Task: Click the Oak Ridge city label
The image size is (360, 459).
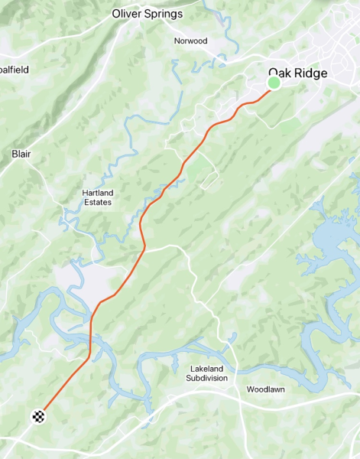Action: [x=298, y=73]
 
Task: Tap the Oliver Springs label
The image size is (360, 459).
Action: [x=148, y=14]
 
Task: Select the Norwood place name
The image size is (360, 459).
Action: [x=190, y=41]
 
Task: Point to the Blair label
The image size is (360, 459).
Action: [x=21, y=154]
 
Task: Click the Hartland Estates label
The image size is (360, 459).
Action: [x=97, y=197]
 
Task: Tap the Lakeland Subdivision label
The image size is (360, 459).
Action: [x=207, y=373]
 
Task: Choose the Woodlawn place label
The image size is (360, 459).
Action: [x=265, y=389]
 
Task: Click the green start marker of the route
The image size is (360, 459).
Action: [x=274, y=83]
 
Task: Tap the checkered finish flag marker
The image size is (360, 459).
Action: [x=38, y=417]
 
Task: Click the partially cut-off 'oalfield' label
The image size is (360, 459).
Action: [x=14, y=70]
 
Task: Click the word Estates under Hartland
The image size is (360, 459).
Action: [x=97, y=203]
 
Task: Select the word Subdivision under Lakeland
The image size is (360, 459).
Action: [x=207, y=378]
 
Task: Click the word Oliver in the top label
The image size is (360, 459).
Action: [x=126, y=14]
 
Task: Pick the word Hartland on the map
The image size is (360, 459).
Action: [x=97, y=193]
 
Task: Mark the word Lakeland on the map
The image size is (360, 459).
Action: [x=207, y=369]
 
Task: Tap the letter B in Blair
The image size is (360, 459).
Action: [x=14, y=154]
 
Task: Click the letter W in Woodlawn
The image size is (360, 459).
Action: [x=249, y=389]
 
